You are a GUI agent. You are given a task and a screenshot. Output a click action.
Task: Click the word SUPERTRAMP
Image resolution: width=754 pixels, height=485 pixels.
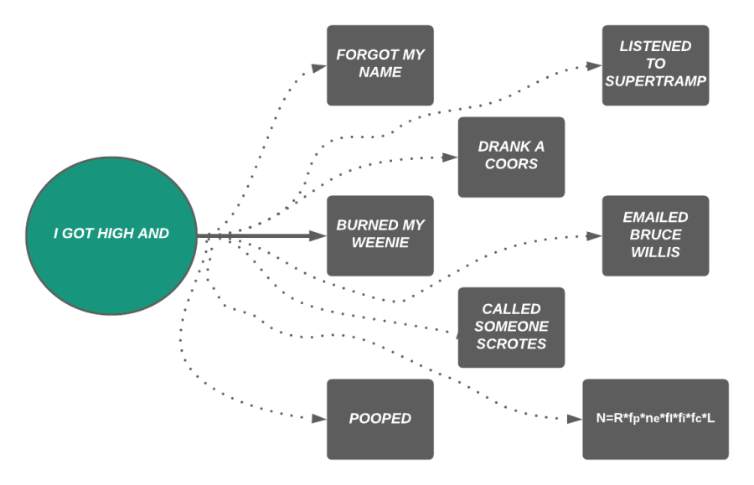coord(655,81)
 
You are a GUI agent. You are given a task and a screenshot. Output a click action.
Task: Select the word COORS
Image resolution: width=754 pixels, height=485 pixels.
coord(511,164)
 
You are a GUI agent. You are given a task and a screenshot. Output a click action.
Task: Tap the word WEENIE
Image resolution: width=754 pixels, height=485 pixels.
coord(380,243)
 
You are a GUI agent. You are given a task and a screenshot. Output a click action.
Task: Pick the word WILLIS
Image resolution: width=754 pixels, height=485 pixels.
coord(655,252)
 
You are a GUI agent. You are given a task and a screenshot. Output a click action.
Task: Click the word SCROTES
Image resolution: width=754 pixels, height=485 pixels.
coord(511,344)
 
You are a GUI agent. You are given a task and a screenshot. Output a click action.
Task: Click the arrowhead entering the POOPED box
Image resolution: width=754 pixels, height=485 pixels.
coord(320,419)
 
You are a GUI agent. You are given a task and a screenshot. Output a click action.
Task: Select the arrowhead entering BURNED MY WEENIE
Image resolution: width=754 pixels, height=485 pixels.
coord(319,237)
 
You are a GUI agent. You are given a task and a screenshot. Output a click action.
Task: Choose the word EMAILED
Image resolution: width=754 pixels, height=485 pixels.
coord(655,218)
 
